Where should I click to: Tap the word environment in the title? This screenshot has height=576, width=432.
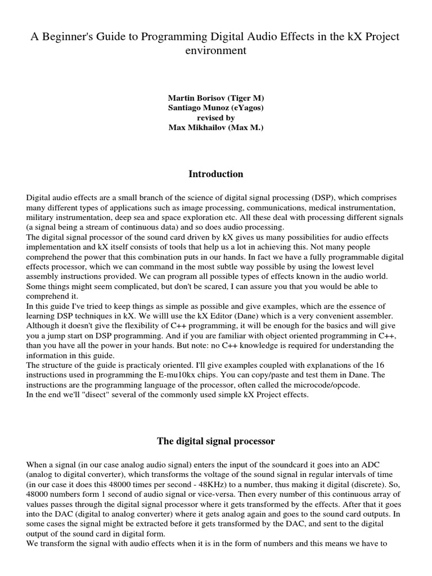point(216,51)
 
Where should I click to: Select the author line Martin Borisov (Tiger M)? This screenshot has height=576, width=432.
point(216,98)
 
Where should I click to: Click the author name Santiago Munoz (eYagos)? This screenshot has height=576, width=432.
point(216,108)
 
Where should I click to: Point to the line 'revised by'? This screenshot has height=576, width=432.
point(216,118)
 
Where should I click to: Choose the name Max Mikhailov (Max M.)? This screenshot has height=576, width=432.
point(216,128)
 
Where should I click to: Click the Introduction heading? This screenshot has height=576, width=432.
point(216,174)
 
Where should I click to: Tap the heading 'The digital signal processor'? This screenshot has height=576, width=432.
point(216,441)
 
